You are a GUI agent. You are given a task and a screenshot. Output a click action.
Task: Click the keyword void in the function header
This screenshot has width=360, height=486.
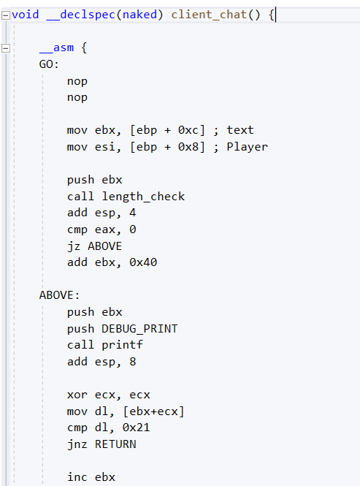26,15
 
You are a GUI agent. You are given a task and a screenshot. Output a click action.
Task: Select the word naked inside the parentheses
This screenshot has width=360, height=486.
139,15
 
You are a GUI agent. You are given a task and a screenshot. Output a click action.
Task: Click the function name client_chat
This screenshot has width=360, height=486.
209,15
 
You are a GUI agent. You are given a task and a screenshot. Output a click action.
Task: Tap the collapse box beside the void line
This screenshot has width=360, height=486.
6,15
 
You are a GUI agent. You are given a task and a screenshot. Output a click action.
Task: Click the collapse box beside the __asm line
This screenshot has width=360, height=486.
6,48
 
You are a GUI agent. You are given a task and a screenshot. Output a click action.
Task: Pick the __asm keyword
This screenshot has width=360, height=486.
57,48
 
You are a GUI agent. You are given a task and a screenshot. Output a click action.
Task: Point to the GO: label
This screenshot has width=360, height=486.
49,64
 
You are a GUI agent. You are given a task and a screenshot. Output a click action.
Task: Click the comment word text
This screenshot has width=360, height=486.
240,130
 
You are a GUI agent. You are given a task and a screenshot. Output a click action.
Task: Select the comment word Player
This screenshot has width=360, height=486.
248,147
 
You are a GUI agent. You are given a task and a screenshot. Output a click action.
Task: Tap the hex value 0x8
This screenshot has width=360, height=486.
188,147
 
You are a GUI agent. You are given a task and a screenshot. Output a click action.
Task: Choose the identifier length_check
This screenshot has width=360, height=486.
143,197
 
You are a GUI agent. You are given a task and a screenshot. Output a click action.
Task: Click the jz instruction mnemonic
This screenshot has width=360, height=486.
74,246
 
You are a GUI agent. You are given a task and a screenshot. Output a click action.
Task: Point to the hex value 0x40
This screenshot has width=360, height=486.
143,262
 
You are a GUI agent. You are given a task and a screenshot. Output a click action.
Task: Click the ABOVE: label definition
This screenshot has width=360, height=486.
59,295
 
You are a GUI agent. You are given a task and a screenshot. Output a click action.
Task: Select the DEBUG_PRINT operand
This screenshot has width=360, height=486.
139,329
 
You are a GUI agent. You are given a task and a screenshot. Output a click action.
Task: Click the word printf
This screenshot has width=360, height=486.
123,345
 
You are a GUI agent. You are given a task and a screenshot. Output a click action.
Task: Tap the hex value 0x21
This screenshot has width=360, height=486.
137,428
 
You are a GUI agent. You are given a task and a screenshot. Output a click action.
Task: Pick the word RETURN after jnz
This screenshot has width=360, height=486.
115,444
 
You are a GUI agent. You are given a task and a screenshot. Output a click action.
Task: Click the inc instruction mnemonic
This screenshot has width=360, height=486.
77,477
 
